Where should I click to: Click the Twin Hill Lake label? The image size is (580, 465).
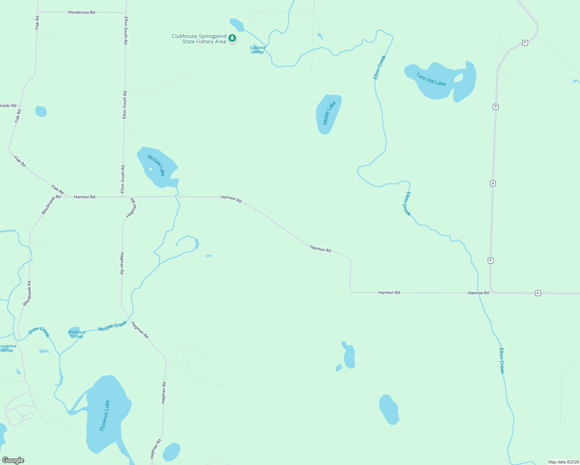431,79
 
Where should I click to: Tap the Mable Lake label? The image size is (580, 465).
329,113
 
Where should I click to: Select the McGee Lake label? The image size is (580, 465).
156,165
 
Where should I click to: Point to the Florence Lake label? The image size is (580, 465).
105,416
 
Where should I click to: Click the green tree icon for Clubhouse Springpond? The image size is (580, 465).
232,38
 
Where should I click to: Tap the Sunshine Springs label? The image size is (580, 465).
257,50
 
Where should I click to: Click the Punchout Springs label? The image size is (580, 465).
77,334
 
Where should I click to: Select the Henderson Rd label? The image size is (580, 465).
81,12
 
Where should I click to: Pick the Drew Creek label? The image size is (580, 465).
39,332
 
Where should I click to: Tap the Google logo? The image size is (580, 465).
13,460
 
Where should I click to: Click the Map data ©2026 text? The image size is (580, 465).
563,462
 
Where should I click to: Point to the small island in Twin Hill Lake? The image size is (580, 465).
459,78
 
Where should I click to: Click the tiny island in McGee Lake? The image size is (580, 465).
150,169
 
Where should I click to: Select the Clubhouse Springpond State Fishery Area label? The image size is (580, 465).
199,39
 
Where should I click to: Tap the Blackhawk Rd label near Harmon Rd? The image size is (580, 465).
51,205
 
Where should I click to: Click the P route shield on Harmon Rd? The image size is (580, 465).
538,293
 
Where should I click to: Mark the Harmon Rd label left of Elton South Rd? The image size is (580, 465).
85,197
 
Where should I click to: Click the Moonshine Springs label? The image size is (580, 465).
7,348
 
